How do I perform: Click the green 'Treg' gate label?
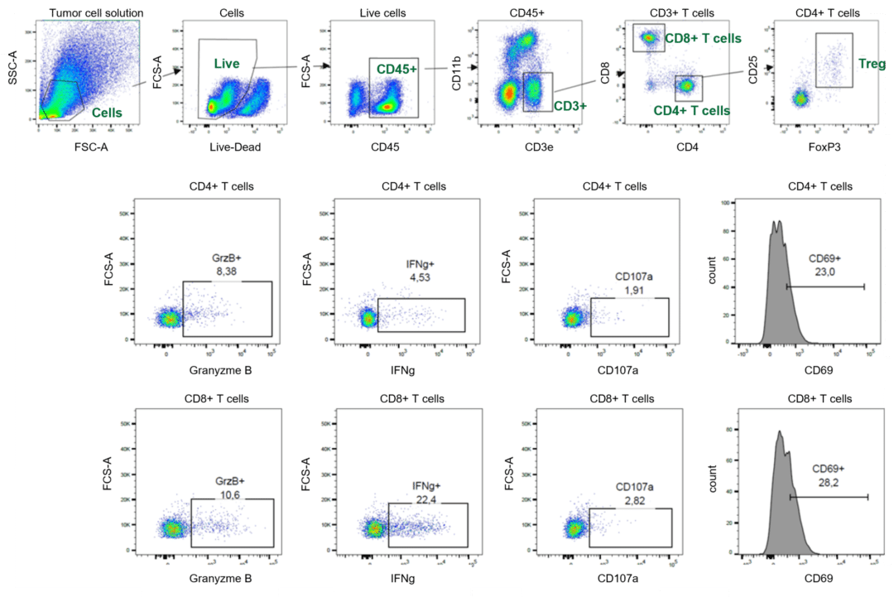tap(873, 63)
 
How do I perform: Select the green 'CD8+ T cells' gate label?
tap(703, 37)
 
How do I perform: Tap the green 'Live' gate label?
tap(226, 63)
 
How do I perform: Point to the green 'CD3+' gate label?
tap(570, 105)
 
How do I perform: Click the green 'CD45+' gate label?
tap(397, 69)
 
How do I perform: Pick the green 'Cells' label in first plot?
tap(107, 112)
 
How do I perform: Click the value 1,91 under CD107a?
tap(634, 290)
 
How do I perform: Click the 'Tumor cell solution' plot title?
tap(96, 12)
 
